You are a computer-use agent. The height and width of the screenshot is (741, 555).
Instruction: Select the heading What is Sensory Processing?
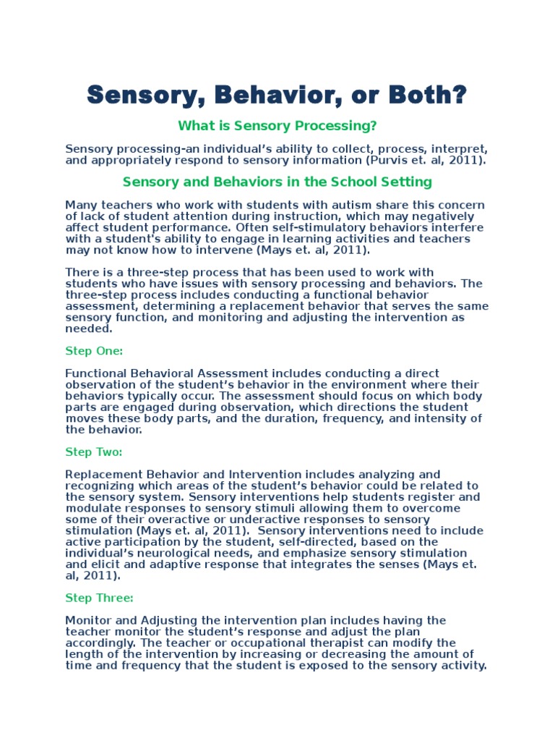277,126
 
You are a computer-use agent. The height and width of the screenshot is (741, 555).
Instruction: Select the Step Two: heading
94,452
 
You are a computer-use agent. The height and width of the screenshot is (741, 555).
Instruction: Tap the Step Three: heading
99,598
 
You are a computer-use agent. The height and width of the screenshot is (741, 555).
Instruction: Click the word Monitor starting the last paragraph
85,620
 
